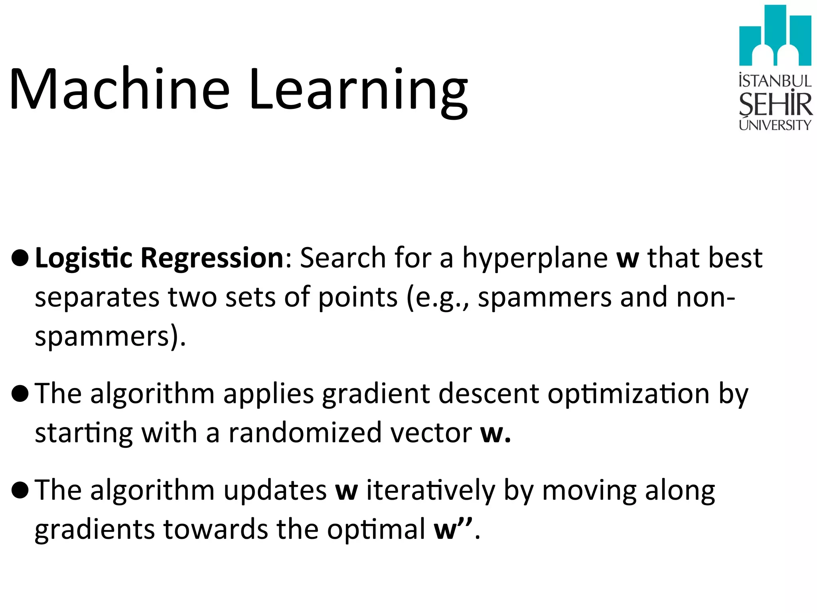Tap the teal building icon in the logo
point(775,36)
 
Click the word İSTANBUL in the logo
point(775,81)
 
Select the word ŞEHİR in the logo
point(775,104)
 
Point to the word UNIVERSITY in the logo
point(775,125)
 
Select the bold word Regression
point(212,258)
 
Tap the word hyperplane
point(535,259)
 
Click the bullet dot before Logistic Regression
point(20,258)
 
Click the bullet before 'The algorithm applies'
point(20,394)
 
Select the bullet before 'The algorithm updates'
point(20,490)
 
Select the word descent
point(489,394)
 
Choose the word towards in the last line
point(216,529)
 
